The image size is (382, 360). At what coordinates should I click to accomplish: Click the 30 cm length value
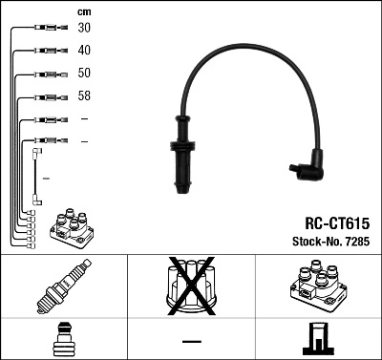coord(85,28)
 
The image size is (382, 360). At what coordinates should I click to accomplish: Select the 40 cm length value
coord(85,50)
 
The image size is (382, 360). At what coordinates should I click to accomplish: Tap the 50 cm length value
coord(85,74)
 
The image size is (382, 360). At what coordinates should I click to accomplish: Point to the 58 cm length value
coord(85,96)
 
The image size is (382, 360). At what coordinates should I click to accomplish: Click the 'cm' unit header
coord(84,11)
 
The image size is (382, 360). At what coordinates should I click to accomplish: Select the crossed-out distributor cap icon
coord(191,286)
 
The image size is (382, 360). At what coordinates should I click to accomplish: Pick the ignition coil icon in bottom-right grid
coord(318,286)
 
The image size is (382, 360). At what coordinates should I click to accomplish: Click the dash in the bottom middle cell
coord(191,340)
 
